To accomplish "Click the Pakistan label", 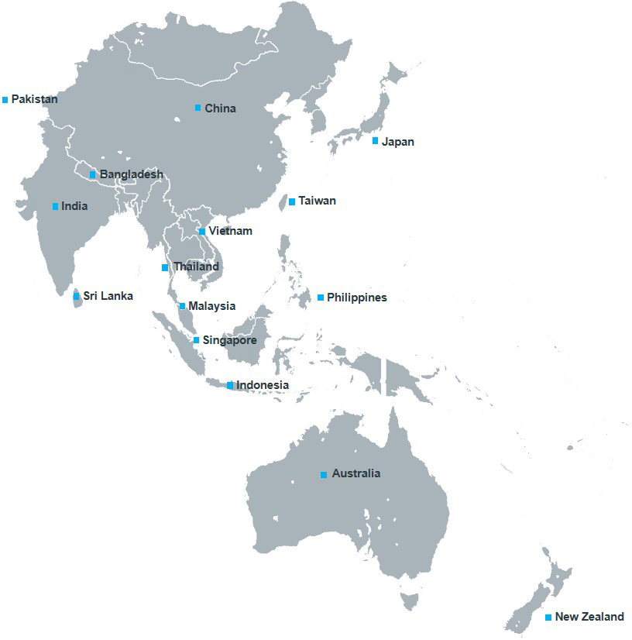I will [34, 99].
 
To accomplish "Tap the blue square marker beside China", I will [197, 108].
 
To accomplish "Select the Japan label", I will [398, 142].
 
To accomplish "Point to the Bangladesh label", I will [131, 174].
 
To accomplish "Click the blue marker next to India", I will [55, 206].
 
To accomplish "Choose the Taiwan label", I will [317, 201].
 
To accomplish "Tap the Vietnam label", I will [230, 231].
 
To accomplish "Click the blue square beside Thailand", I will [164, 267].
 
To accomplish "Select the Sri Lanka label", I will [108, 296].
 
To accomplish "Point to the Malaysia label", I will [211, 306].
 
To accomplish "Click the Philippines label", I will [356, 298].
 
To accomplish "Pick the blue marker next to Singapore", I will [196, 340].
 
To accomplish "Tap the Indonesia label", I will [263, 385].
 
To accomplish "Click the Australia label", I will [355, 473].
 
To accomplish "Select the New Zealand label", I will [589, 617].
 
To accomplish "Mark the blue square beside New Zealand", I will [548, 618].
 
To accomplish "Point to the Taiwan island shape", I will [283, 203].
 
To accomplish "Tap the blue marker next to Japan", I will [376, 141].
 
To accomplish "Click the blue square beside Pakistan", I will [5, 99].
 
